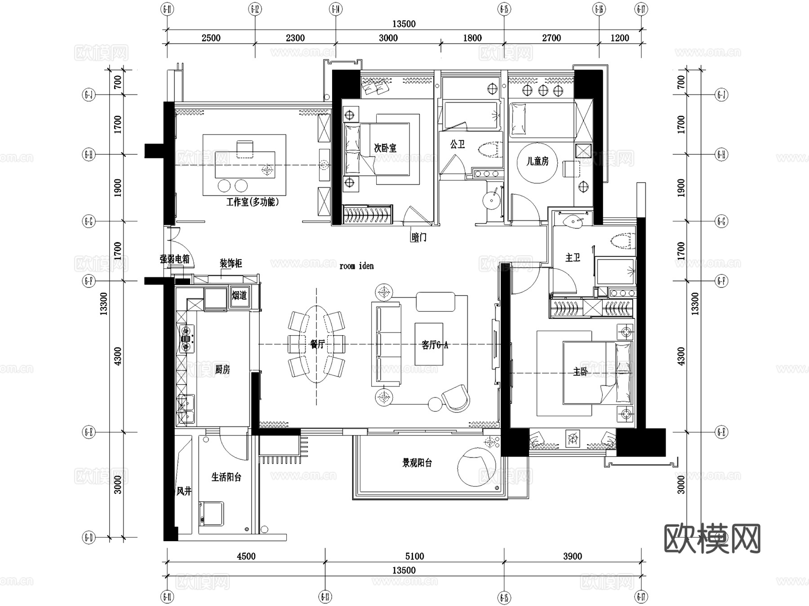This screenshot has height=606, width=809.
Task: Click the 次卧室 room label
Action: tap(385, 148)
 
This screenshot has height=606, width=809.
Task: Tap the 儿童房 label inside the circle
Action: tap(538, 161)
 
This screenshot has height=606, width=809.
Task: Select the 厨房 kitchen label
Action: tap(222, 370)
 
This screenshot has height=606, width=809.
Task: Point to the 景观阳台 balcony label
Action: tap(417, 463)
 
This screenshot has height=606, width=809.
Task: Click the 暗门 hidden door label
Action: tap(419, 237)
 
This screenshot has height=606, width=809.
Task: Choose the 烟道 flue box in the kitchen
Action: tap(239, 296)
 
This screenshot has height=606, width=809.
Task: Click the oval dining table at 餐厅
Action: tap(316, 345)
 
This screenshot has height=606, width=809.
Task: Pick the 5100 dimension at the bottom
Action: tap(414, 557)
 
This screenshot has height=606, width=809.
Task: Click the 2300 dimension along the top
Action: tap(295, 38)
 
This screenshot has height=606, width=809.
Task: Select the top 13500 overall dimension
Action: tap(404, 24)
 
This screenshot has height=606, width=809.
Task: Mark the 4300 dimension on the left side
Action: tap(117, 356)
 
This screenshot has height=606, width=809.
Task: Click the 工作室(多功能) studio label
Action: tap(252, 202)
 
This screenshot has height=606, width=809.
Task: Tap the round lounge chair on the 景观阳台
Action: tap(477, 467)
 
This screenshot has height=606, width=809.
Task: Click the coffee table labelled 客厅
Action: tap(429, 344)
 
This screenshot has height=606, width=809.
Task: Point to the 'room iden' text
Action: tap(356, 266)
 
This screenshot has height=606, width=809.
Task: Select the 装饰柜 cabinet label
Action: tap(231, 263)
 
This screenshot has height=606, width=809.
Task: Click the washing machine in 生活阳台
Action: tap(211, 514)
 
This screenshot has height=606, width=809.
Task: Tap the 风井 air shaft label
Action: tap(184, 491)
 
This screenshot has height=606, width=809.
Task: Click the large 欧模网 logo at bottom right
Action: tap(712, 539)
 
